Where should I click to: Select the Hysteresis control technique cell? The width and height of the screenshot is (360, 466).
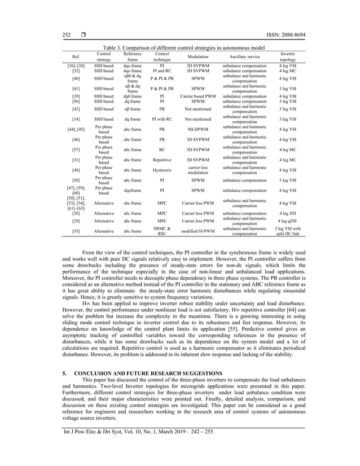[x=162, y=170]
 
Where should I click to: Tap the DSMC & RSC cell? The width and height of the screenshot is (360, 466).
[x=162, y=230]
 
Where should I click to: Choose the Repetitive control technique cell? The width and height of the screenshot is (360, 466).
[x=162, y=160]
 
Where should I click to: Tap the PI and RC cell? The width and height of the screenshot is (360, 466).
[x=162, y=71]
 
